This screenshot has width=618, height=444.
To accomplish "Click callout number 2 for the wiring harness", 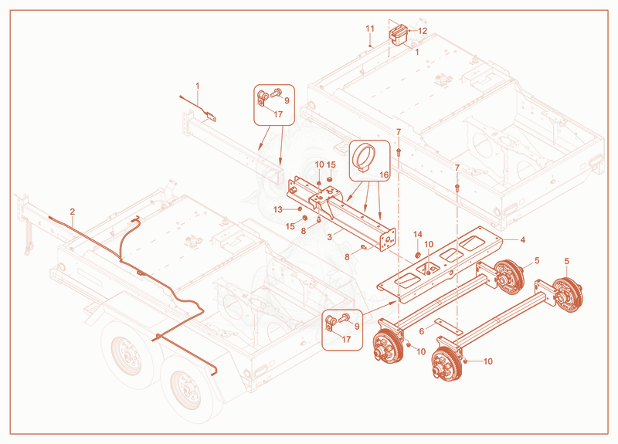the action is click(x=73, y=212).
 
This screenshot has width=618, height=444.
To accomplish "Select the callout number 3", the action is click(x=330, y=237).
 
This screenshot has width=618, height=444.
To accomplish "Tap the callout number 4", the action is click(x=523, y=239).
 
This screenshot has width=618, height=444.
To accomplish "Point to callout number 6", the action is click(x=422, y=331).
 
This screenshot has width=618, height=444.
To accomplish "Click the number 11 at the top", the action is click(x=370, y=29).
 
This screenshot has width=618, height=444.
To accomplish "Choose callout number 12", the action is click(x=423, y=31).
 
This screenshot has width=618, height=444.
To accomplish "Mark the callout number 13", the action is click(x=278, y=209).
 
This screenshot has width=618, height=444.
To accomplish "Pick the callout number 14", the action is click(x=418, y=235).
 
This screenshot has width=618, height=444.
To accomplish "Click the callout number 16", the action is click(x=384, y=175).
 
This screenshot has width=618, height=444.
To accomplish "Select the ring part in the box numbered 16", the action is click(x=362, y=157).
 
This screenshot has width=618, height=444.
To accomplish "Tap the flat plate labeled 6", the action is click(x=447, y=325).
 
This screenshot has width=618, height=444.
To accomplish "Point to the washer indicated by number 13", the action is click(x=300, y=208).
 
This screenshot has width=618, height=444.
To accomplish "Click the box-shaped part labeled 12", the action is click(x=399, y=35).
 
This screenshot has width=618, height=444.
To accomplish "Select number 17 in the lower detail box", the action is click(x=346, y=339).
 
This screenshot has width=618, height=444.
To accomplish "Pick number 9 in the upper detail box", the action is click(x=287, y=100).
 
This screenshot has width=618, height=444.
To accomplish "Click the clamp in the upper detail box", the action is click(x=263, y=98).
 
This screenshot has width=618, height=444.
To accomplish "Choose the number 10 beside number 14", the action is click(x=429, y=244).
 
